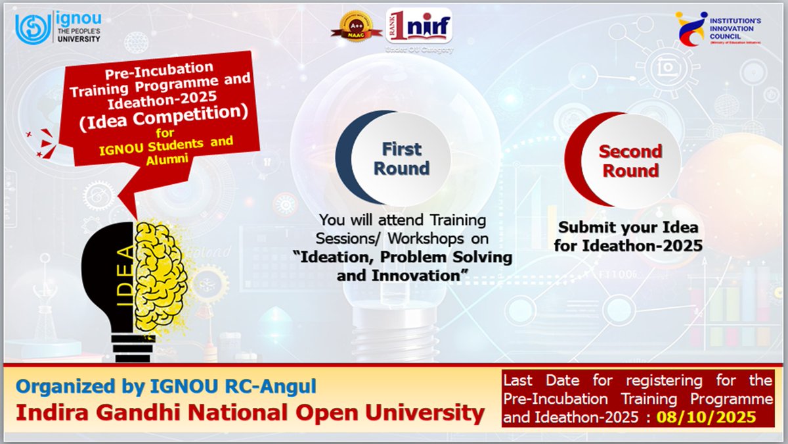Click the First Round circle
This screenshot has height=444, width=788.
(397, 159)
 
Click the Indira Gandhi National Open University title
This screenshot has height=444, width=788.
(250, 413)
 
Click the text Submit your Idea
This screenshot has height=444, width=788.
(628, 228)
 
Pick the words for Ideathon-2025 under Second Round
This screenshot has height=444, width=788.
(628, 246)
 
